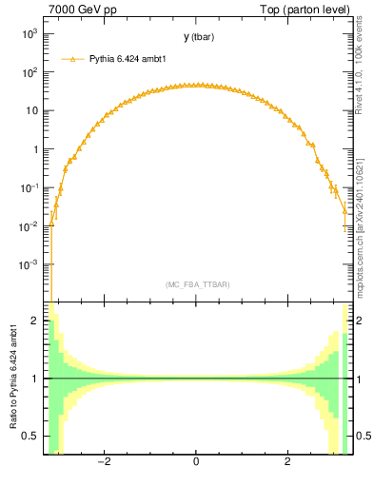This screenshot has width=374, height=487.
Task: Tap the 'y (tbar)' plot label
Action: (x=198, y=37)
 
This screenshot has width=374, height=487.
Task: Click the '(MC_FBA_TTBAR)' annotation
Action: (x=198, y=283)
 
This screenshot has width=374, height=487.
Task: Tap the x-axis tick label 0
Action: (x=196, y=462)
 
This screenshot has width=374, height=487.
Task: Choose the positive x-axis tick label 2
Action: (x=287, y=462)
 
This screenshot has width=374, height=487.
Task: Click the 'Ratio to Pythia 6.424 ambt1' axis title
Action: (x=13, y=377)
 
